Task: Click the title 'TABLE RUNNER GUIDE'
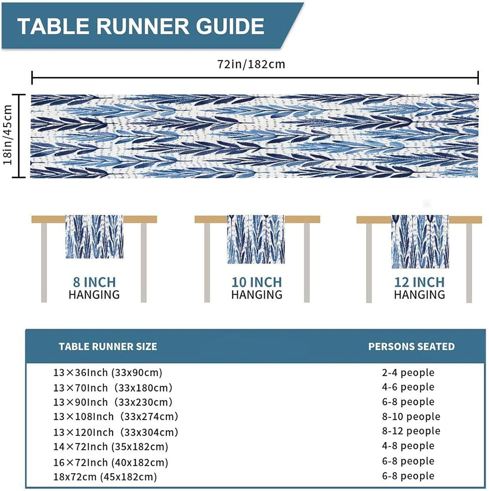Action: pyautogui.click(x=141, y=26)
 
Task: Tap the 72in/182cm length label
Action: pyautogui.click(x=251, y=64)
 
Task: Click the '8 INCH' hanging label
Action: pyautogui.click(x=94, y=282)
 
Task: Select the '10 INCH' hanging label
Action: pyautogui.click(x=257, y=282)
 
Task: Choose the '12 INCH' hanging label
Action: pyautogui.click(x=419, y=282)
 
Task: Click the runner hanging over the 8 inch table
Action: pyautogui.click(x=94, y=237)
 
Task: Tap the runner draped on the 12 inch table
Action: pyautogui.click(x=420, y=242)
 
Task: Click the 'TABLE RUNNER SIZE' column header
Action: pyautogui.click(x=108, y=347)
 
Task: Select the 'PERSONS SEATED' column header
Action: pyautogui.click(x=411, y=347)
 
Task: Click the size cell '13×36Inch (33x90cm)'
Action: pyautogui.click(x=108, y=373)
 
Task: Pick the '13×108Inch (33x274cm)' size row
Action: pyautogui.click(x=116, y=416)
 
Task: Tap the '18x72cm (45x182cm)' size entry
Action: pyautogui.click(x=105, y=477)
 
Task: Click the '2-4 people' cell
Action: pyautogui.click(x=408, y=373)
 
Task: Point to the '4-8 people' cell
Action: pyautogui.click(x=408, y=446)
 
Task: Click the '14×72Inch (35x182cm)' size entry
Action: pyautogui.click(x=111, y=447)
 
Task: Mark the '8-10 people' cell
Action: pyautogui.click(x=411, y=416)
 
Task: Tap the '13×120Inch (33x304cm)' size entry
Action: pyautogui.click(x=116, y=432)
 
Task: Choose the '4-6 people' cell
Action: pyautogui.click(x=408, y=387)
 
